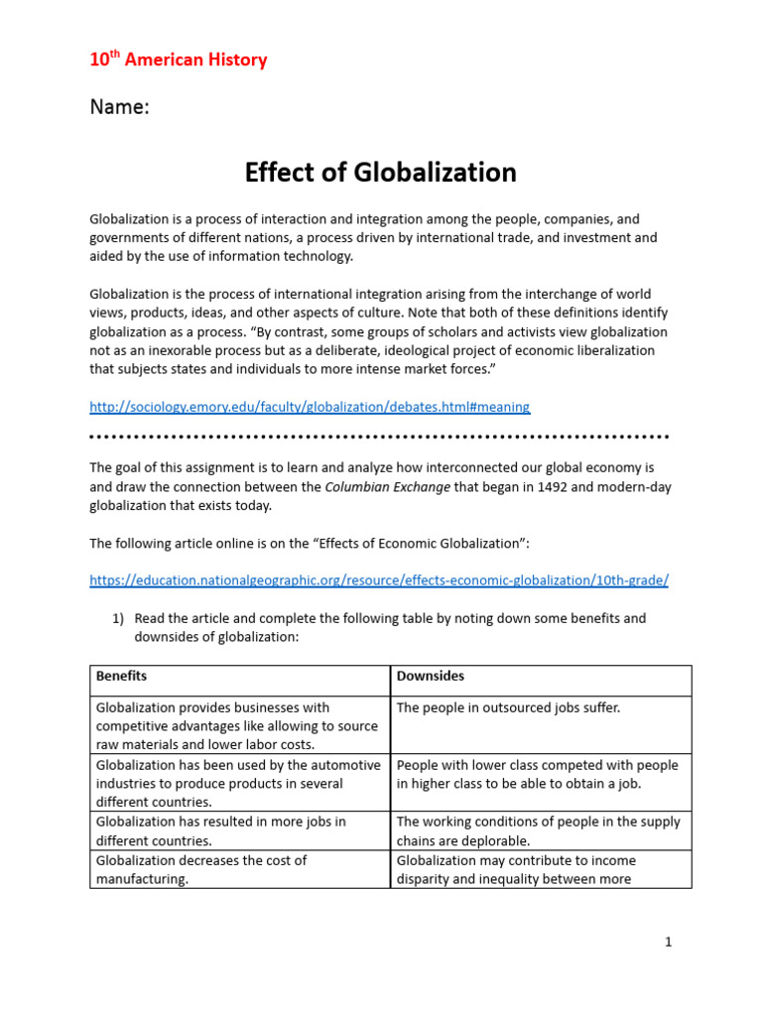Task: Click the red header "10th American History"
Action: pos(179,60)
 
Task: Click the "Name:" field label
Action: pos(119,107)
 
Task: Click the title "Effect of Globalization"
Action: pos(380,173)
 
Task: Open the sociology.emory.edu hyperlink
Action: pos(310,407)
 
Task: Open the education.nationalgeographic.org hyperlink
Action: pos(378,580)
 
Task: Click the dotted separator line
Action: pos(380,437)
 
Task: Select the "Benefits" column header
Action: pos(121,676)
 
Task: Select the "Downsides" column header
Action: pos(430,676)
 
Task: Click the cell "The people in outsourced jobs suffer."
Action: pos(507,708)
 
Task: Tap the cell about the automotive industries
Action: pos(238,783)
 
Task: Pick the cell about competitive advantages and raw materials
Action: pos(238,725)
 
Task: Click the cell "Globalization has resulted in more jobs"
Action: pos(220,830)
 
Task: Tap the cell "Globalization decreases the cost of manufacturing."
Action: pos(201,869)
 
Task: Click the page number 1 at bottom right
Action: pos(668,942)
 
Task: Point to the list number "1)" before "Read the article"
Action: pos(117,618)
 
